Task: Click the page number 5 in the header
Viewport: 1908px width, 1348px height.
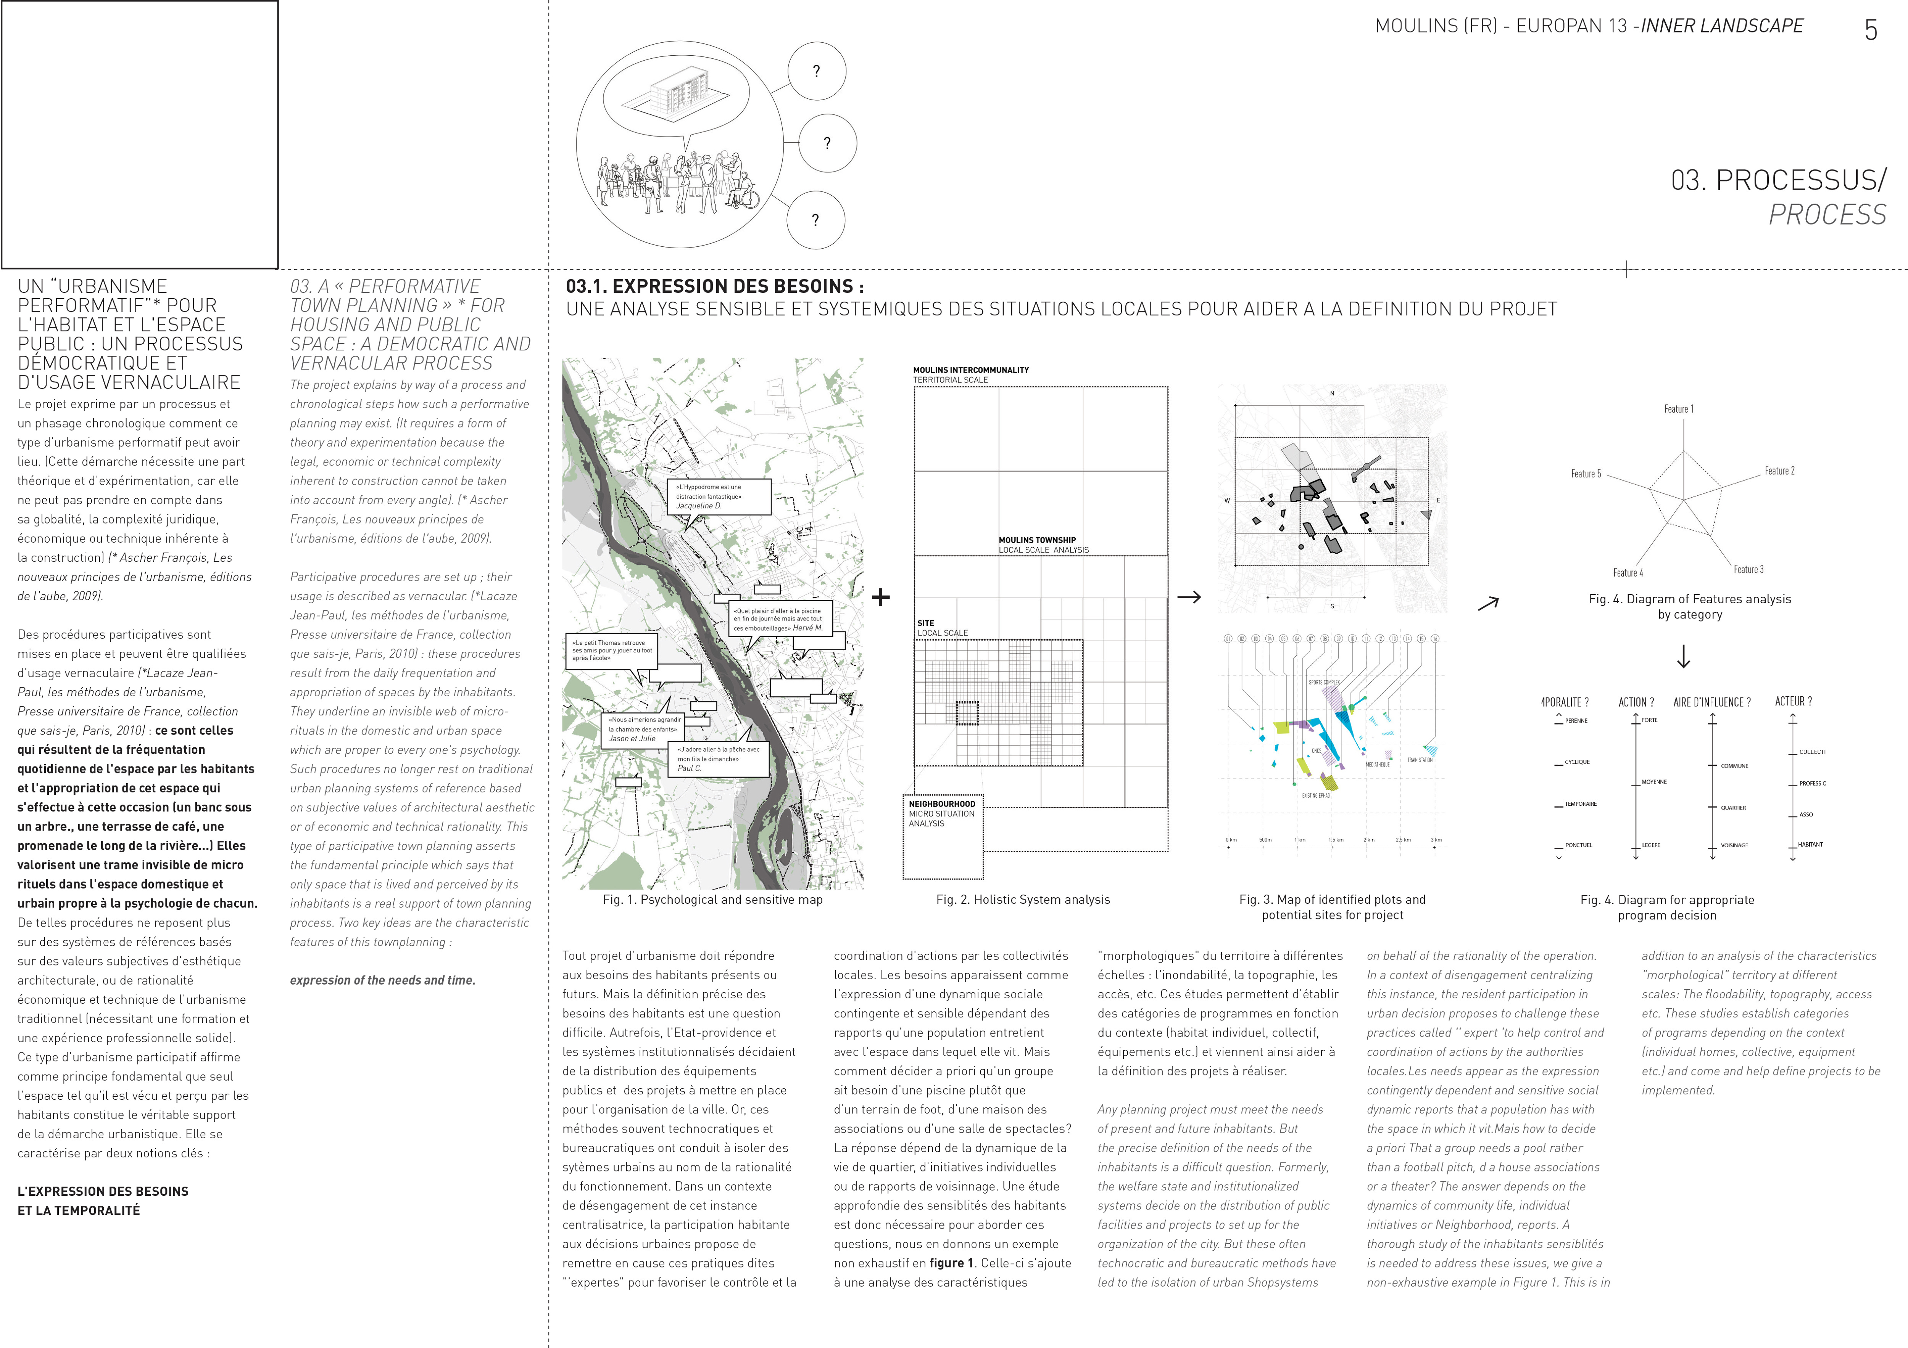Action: pos(1871,31)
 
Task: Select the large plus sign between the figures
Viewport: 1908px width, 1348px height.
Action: pos(881,596)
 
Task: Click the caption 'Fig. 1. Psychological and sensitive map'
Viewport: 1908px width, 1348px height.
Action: pos(712,900)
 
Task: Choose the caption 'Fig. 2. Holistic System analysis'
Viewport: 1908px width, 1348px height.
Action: pos(1022,900)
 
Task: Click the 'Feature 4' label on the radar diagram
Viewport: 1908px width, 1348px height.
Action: pos(1627,572)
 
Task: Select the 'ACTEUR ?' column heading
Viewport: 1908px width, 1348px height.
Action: pos(1793,702)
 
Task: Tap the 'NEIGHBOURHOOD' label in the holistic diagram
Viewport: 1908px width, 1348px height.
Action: pos(941,804)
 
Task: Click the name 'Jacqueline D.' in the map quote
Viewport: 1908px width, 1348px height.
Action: pos(698,506)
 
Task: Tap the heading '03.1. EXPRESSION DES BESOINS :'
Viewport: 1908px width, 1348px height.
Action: pos(715,286)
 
